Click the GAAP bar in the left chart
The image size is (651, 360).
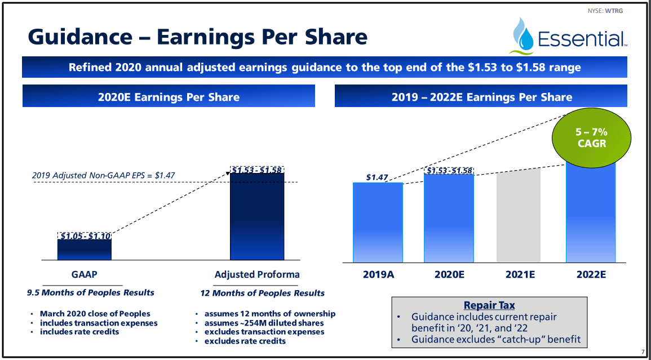point(85,250)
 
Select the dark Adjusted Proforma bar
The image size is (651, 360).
point(258,217)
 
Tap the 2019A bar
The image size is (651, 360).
point(378,223)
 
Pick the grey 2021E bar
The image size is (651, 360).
point(519,216)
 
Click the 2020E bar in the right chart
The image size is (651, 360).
point(449,219)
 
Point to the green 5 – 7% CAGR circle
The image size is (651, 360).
point(591,137)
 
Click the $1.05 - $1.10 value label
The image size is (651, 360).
point(85,235)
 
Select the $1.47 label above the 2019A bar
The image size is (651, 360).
point(377,177)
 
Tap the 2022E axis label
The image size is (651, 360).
point(591,275)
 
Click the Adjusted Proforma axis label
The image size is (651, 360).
point(257,275)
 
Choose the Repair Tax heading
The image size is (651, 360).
point(489,305)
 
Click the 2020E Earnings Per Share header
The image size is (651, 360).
point(169,97)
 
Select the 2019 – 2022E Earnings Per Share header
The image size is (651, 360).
point(481,97)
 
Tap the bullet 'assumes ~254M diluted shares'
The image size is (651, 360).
point(264,323)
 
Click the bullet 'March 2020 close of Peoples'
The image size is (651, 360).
point(95,313)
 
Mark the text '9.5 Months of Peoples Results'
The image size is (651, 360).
point(91,292)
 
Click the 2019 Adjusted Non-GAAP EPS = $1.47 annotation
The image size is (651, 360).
point(103,175)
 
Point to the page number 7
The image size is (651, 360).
point(643,351)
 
